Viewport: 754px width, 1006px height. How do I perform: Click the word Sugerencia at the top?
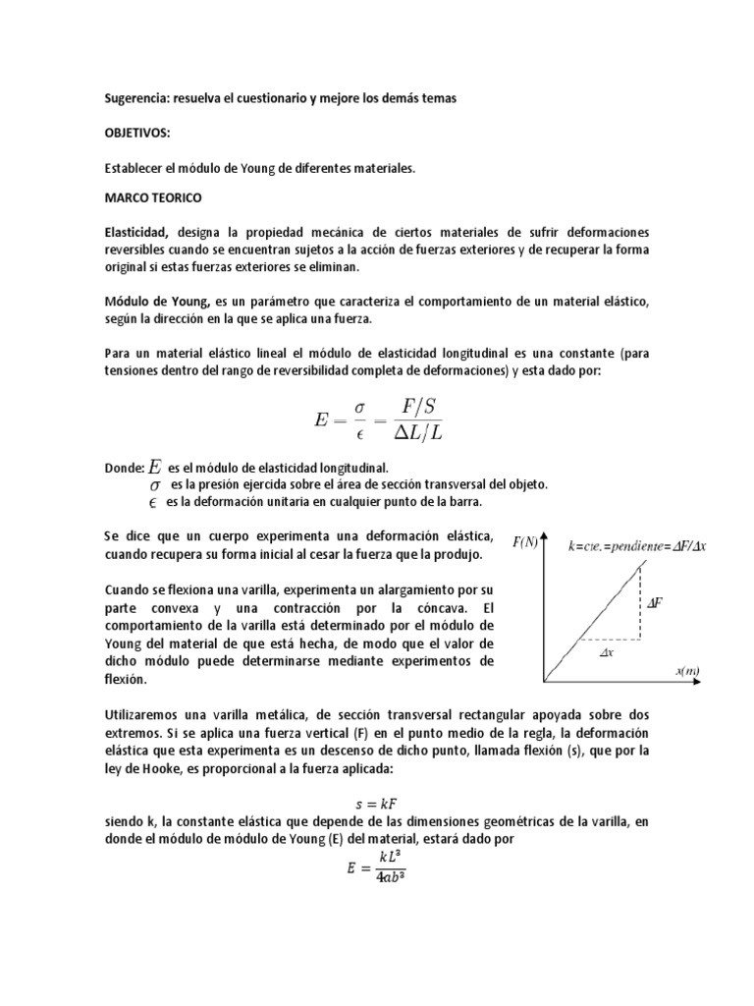[137, 98]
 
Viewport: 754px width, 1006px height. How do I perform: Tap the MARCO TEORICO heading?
[152, 197]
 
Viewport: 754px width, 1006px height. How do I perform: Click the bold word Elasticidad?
[137, 233]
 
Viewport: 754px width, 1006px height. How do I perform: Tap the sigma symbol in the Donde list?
[154, 485]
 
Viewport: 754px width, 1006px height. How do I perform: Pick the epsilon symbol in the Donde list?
[153, 502]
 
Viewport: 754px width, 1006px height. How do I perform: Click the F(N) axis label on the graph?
[524, 541]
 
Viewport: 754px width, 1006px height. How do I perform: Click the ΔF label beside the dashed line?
[655, 602]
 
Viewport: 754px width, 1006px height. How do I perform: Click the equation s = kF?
[376, 803]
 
